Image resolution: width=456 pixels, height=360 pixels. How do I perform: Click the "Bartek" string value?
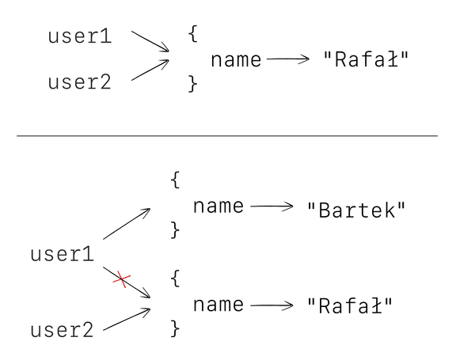(356, 210)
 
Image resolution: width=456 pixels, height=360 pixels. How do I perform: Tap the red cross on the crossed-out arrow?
(121, 279)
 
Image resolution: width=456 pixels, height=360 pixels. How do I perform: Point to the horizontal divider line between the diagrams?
(227, 136)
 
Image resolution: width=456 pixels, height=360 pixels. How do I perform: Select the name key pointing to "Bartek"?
(218, 207)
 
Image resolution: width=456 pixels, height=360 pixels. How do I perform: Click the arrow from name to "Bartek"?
(272, 207)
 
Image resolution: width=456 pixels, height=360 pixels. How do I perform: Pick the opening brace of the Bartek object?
(176, 180)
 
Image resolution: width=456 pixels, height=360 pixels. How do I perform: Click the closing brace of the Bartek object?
(176, 230)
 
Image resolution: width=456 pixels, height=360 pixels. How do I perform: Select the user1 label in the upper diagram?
(80, 36)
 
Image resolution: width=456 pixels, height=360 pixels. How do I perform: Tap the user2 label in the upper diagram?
(80, 81)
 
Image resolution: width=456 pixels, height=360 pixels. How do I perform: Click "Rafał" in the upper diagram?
(368, 59)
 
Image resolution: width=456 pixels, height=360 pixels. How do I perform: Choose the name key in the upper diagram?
(236, 59)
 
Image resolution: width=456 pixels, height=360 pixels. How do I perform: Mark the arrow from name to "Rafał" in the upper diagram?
(288, 59)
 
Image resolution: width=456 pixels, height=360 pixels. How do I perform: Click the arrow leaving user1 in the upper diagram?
(150, 42)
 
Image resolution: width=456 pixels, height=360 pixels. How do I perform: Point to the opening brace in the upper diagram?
(193, 34)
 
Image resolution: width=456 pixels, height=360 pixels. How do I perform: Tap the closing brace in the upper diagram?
(193, 83)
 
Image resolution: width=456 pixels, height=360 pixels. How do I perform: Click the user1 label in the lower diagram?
(63, 254)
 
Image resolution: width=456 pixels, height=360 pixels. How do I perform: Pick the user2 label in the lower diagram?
(63, 330)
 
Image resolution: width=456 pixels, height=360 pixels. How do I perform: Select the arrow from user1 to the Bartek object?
(127, 224)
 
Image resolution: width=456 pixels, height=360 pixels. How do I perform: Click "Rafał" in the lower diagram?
(350, 305)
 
